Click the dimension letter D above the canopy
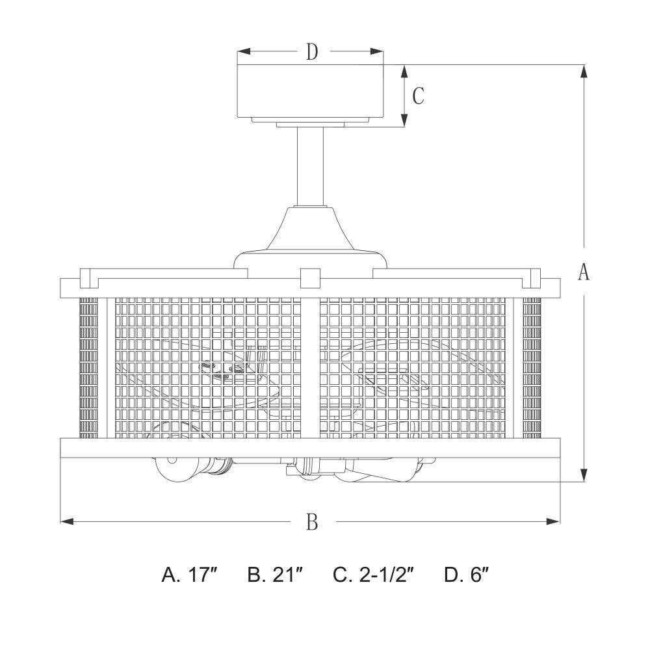(312, 52)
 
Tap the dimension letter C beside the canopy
(418, 96)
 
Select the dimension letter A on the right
(584, 272)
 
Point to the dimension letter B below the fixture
(312, 522)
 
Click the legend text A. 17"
(189, 575)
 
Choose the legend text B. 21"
(275, 575)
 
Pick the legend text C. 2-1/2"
(374, 575)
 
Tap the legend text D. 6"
(467, 575)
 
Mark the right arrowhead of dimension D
(376, 51)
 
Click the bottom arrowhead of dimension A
(584, 474)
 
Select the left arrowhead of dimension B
(67, 521)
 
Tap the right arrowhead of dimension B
(553, 521)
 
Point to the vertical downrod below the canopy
(311, 166)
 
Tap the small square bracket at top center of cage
(311, 278)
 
